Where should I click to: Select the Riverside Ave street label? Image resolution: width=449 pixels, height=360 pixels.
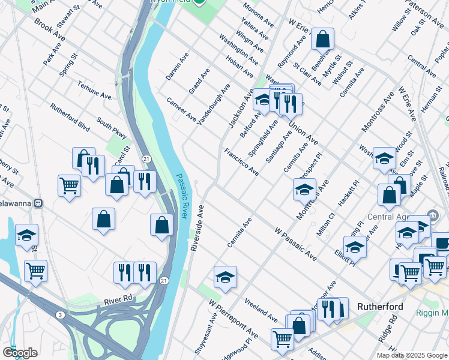[x=197, y=228]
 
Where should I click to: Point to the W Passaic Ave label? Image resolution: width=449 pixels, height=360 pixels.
[x=295, y=244]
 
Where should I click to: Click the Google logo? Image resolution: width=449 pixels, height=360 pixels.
[x=19, y=353]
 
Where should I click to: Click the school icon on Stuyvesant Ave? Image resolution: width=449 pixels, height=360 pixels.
[x=225, y=277]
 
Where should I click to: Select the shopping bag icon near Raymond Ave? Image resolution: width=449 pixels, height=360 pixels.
[x=322, y=40]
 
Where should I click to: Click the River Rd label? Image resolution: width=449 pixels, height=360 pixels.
[x=117, y=300]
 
